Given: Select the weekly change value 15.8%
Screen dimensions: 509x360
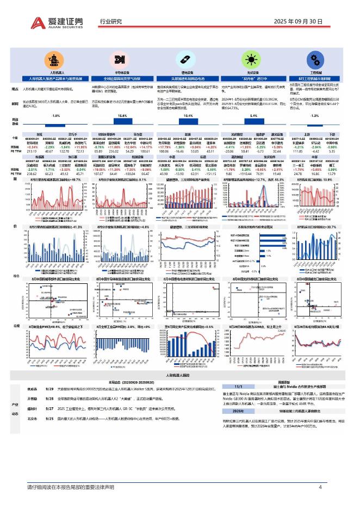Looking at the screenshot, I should (122, 116).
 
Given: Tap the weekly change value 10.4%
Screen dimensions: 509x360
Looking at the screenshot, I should (188, 116).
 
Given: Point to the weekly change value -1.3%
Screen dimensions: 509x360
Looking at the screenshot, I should (314, 116).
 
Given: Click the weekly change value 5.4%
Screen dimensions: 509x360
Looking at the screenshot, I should (253, 116).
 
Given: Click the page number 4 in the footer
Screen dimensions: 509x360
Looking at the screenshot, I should (320, 487).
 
